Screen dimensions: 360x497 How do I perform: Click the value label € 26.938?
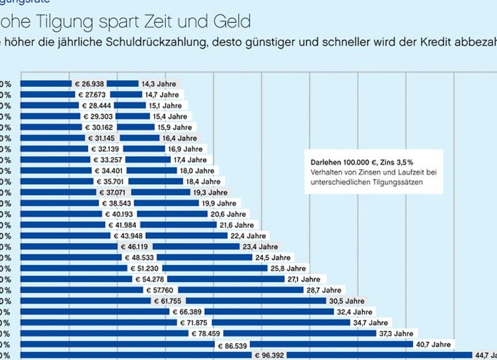(90, 83)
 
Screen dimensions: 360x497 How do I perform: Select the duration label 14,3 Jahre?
(159, 83)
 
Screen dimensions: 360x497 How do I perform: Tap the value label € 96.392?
(269, 355)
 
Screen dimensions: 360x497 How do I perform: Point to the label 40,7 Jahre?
(433, 344)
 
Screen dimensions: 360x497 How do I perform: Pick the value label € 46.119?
(135, 247)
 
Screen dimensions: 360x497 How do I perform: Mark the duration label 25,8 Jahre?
(288, 269)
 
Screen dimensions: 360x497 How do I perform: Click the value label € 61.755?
(167, 301)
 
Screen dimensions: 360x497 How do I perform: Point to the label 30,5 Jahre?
(347, 301)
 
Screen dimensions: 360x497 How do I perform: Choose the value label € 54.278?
(148, 279)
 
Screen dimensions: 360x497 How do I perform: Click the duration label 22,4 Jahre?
(248, 236)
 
